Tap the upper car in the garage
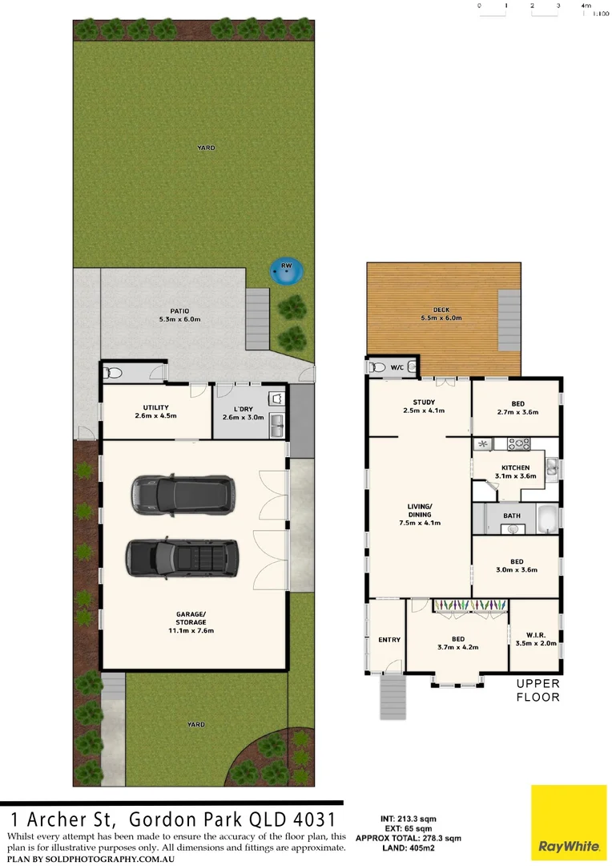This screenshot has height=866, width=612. pyautogui.click(x=183, y=493)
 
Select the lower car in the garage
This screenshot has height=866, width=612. pyautogui.click(x=182, y=556)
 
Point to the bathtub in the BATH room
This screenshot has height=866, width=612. pyautogui.click(x=547, y=520)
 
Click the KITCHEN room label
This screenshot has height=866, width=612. pyautogui.click(x=515, y=471)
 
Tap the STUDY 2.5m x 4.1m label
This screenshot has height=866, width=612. pyautogui.click(x=424, y=407)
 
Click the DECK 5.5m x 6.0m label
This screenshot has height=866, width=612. pyautogui.click(x=442, y=313)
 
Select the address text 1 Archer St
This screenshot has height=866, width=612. pyautogui.click(x=58, y=820)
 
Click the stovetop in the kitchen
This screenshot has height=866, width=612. pyautogui.click(x=516, y=443)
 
